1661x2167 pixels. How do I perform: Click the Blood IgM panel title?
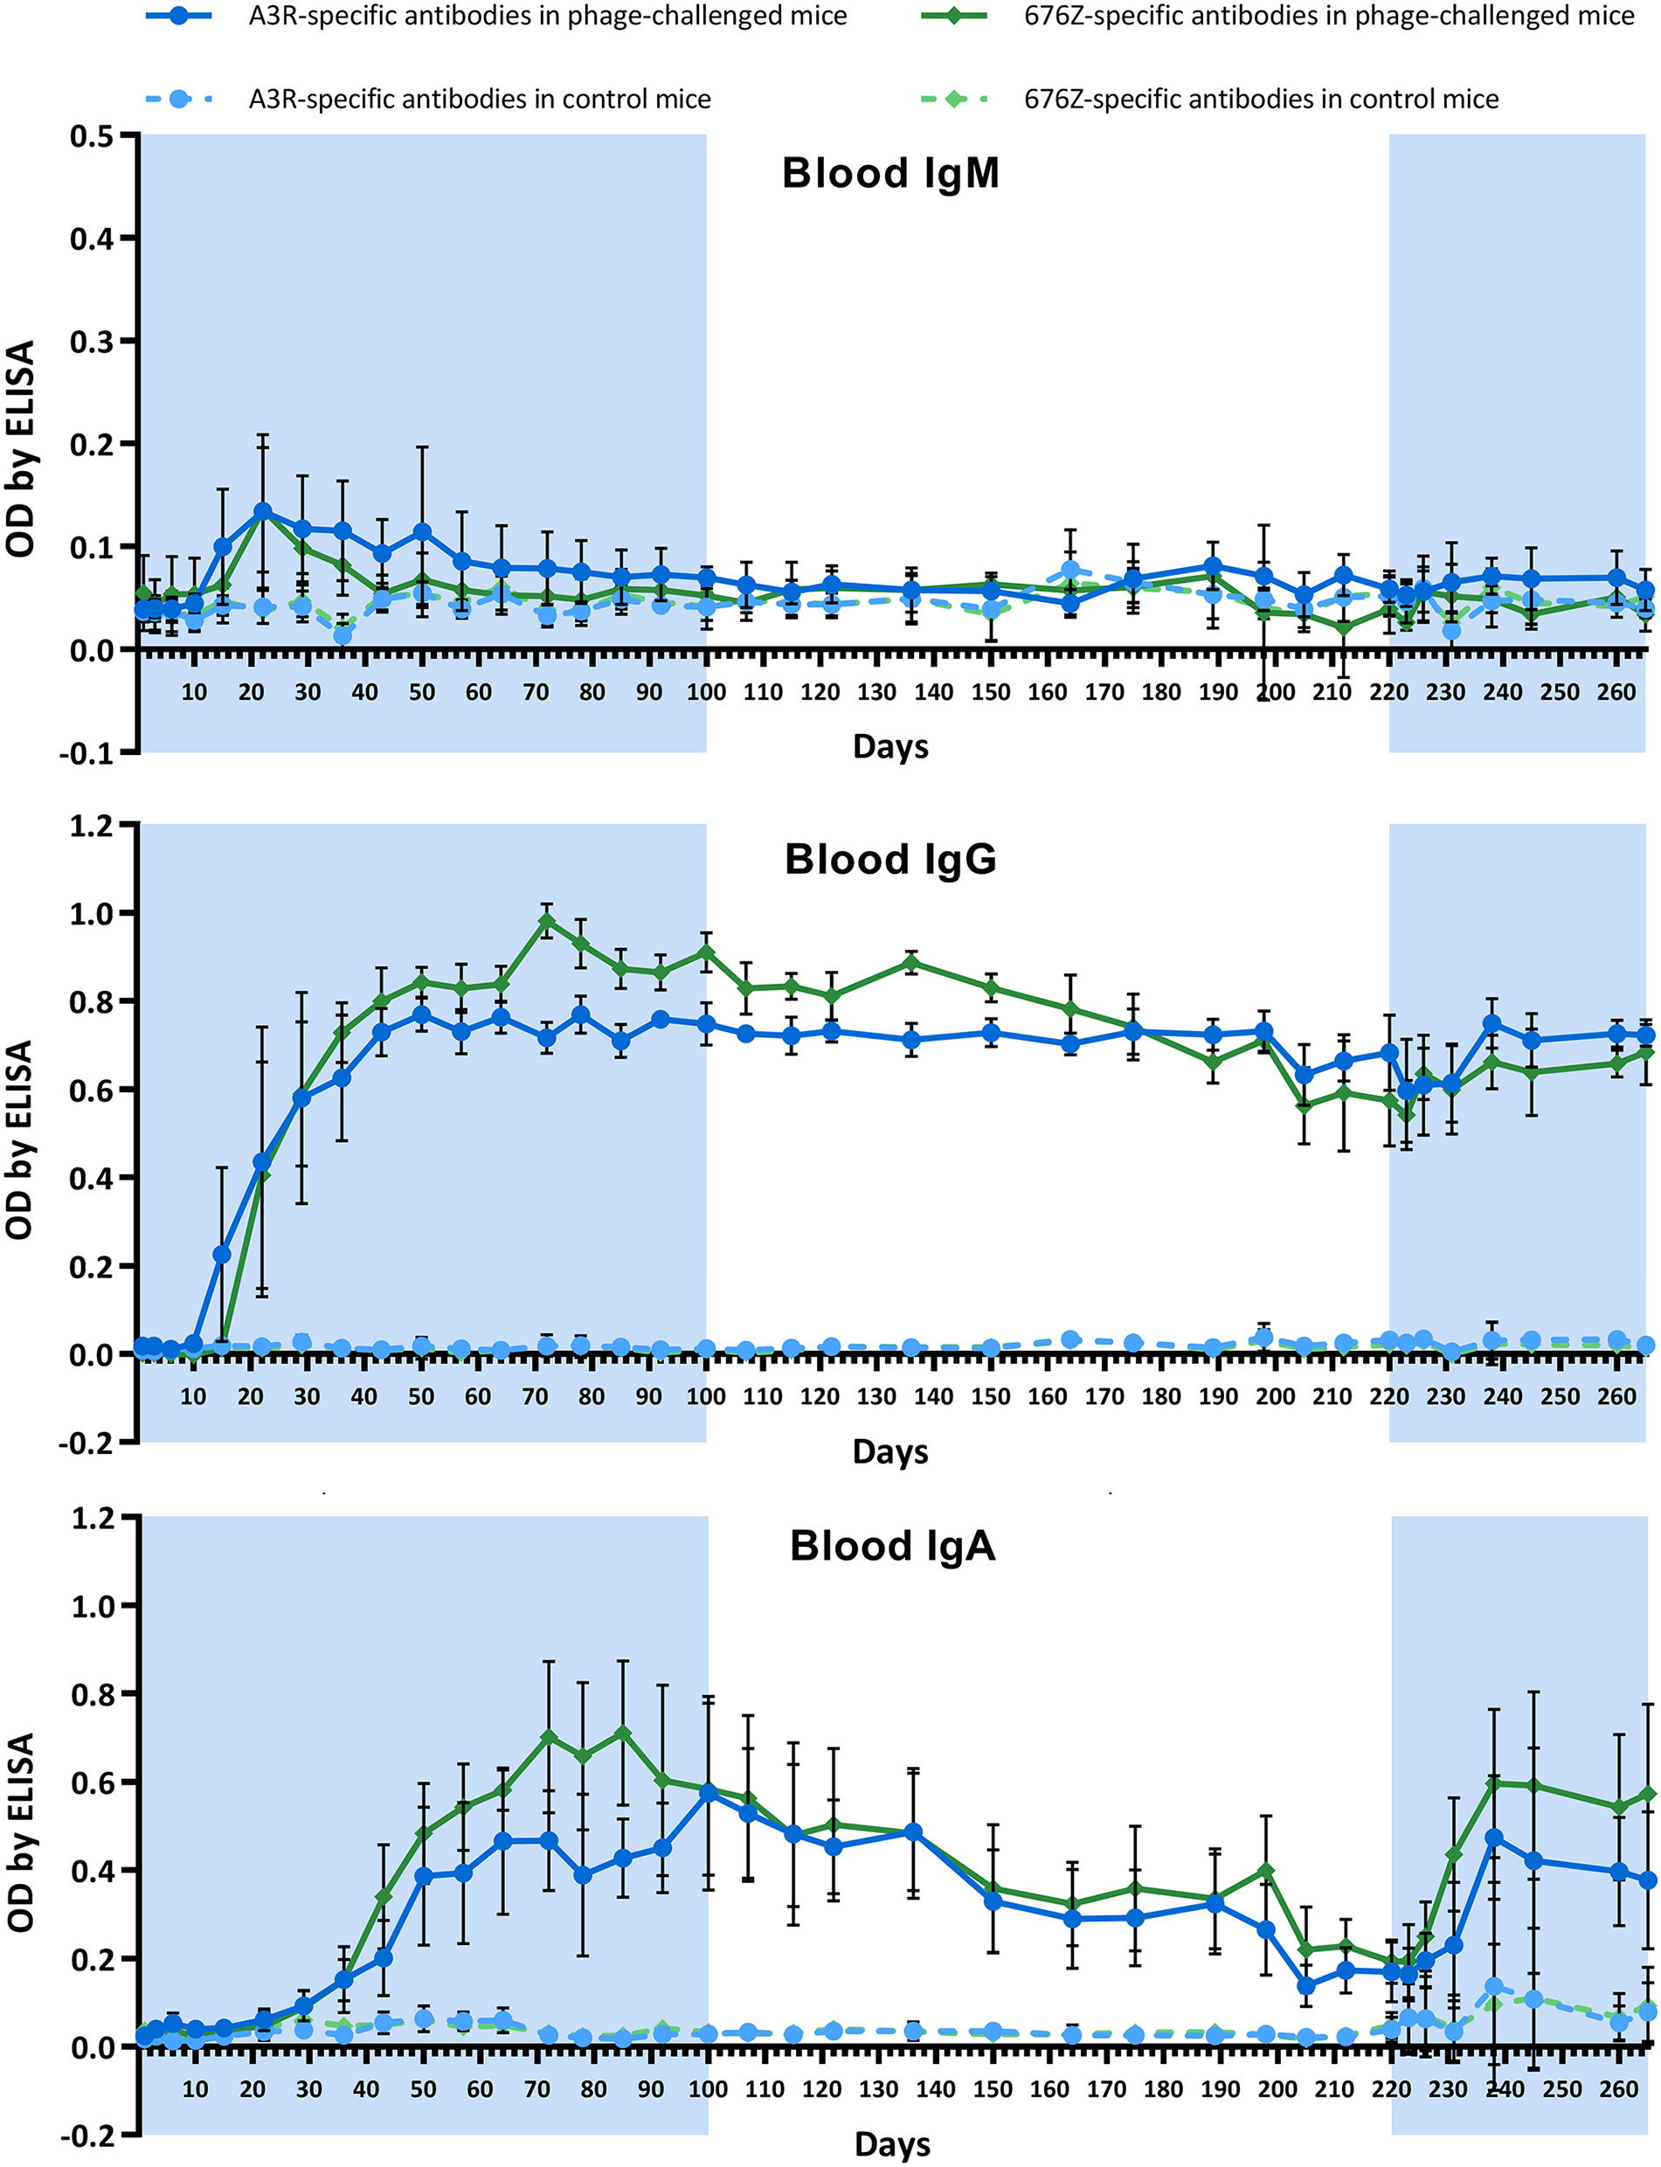click(x=889, y=173)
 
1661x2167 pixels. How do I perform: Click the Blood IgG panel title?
click(x=889, y=859)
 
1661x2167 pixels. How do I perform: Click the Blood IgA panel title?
click(x=892, y=1545)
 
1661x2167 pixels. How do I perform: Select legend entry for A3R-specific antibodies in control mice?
click(x=479, y=99)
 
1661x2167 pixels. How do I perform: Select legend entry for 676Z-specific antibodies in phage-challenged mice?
click(x=1328, y=16)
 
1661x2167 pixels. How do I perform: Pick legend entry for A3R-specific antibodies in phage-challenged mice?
click(x=547, y=16)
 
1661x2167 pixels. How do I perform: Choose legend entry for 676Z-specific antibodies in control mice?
click(x=1261, y=99)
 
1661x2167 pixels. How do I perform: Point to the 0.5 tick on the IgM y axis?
click(x=91, y=135)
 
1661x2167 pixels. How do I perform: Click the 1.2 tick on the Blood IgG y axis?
click(x=91, y=825)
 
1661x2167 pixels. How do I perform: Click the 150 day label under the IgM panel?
click(x=991, y=692)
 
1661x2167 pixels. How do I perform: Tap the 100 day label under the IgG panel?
click(x=706, y=1397)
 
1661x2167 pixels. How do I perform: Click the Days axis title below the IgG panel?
click(x=889, y=1451)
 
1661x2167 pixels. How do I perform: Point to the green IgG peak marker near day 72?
click(x=547, y=920)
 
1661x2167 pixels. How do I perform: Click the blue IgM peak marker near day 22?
click(x=263, y=511)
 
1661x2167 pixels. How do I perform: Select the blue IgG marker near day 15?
click(x=223, y=1255)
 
